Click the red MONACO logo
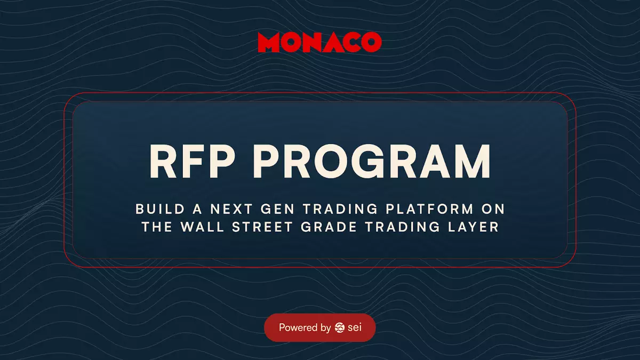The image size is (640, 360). [319, 42]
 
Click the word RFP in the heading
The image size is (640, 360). [193, 162]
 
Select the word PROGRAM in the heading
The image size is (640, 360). [371, 162]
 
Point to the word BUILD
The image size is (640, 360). [160, 209]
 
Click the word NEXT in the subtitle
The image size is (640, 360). [231, 209]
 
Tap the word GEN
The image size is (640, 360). [277, 209]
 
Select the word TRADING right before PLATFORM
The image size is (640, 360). [340, 209]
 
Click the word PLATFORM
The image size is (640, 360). [430, 209]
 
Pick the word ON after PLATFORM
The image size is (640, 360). [493, 209]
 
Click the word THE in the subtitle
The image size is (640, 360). [157, 227]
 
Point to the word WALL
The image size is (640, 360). [202, 227]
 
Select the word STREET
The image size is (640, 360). [262, 227]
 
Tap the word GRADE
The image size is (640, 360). [329, 227]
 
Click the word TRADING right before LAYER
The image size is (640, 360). [403, 227]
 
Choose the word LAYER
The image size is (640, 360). [473, 227]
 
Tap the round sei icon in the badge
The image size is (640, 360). [340, 327]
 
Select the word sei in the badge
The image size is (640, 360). [355, 327]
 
